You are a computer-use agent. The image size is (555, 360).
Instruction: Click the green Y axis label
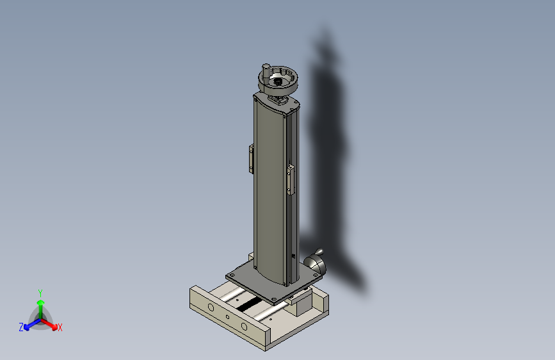(x=40, y=293)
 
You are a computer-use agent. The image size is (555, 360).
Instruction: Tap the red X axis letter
(x=60, y=327)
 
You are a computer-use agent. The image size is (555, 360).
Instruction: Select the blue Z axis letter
(x=21, y=327)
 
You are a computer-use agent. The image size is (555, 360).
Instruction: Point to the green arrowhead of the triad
(x=41, y=302)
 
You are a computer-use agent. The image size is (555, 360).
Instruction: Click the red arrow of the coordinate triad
(x=49, y=324)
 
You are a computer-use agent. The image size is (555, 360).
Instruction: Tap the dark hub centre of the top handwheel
(x=278, y=82)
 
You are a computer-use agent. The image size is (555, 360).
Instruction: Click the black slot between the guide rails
(x=248, y=304)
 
